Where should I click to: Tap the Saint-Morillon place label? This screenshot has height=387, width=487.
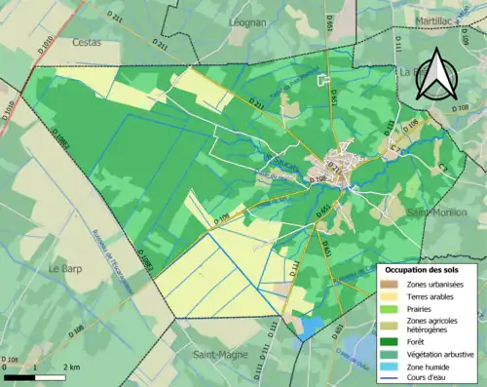(x=437, y=213)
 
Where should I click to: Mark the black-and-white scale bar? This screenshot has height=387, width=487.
(x=35, y=376)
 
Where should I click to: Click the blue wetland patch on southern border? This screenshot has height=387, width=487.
(x=309, y=329)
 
